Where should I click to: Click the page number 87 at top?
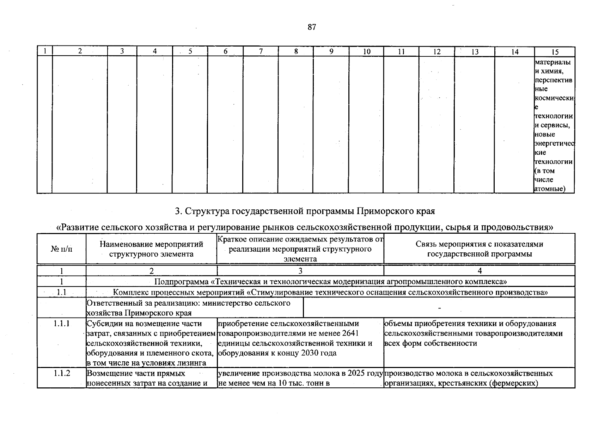click(312, 27)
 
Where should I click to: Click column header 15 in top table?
click(555, 52)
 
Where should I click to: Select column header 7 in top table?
click(261, 51)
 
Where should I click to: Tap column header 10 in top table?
click(367, 51)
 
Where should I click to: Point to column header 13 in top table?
click(475, 52)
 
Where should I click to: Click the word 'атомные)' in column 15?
click(550, 189)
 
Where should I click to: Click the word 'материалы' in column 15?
click(553, 62)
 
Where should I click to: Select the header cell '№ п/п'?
click(61, 249)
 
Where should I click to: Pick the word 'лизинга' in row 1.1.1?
click(194, 363)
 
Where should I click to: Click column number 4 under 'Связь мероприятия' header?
click(480, 271)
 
